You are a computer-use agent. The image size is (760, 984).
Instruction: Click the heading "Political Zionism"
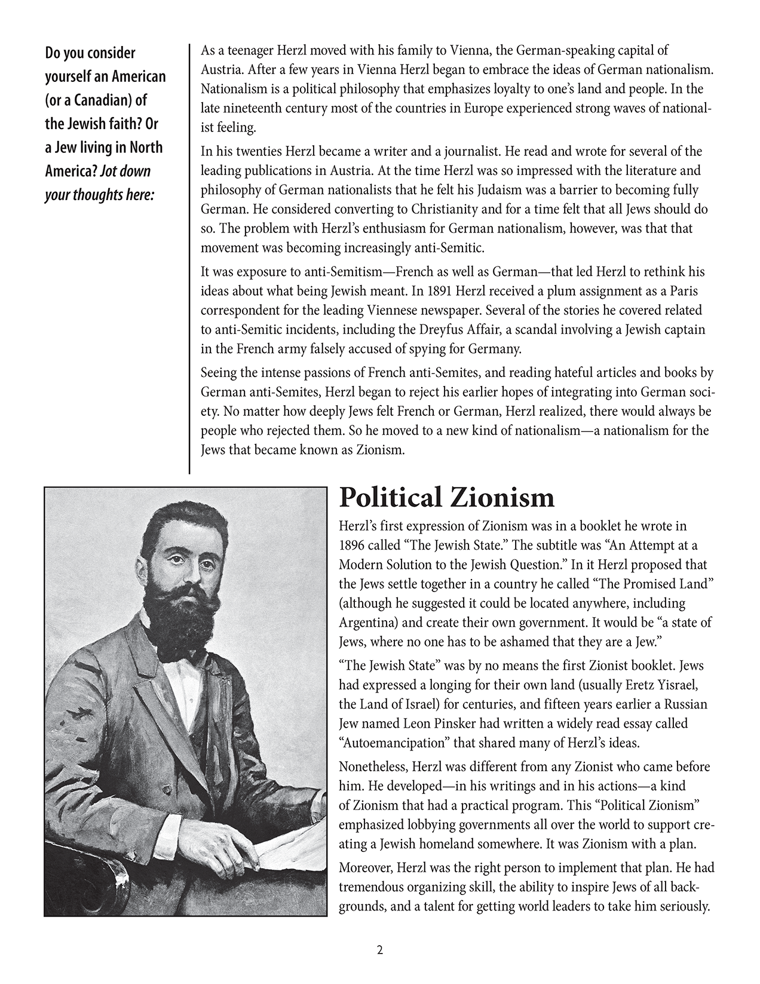click(x=447, y=497)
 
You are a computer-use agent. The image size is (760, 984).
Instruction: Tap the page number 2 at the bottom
click(x=379, y=951)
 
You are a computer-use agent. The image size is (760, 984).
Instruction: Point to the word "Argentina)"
click(x=369, y=622)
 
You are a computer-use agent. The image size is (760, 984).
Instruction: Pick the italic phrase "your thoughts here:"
click(x=97, y=195)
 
